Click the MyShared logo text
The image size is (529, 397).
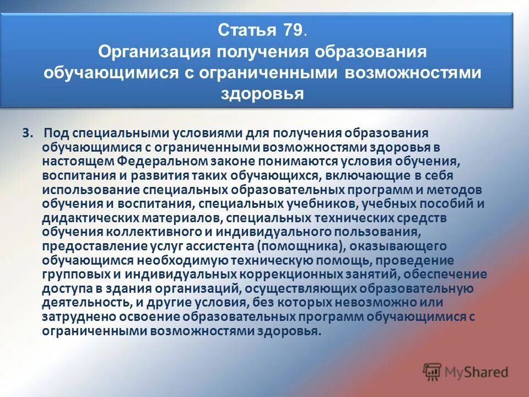coord(476,372)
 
